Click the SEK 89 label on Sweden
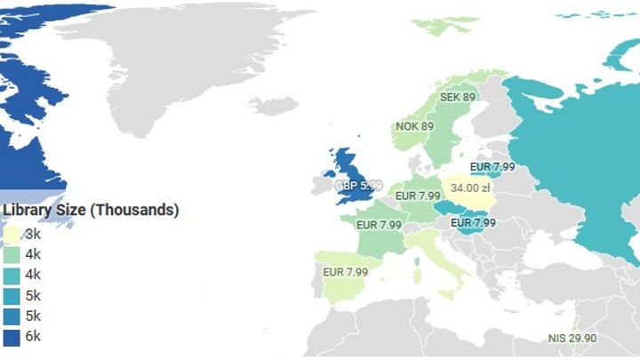tap(457, 97)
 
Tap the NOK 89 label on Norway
tap(414, 126)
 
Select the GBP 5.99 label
tap(358, 186)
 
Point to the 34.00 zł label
tap(470, 188)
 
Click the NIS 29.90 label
tap(572, 338)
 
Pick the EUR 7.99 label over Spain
tap(346, 271)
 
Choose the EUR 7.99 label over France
tap(379, 225)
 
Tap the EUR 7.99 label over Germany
tap(418, 196)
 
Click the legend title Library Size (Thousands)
tap(91, 210)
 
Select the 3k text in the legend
tap(33, 234)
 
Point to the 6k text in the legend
tap(33, 336)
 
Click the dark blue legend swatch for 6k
tap(12, 336)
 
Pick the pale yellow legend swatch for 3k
tap(12, 234)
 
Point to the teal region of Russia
tap(578, 160)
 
